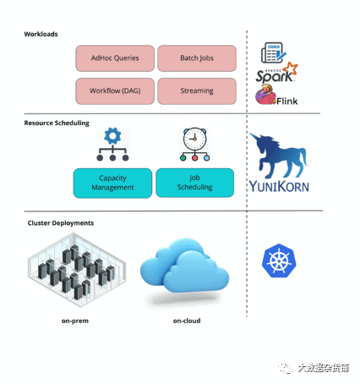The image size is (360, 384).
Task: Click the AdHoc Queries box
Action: [115, 58]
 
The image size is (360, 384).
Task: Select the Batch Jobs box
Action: [197, 58]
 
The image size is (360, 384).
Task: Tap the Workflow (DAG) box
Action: [115, 91]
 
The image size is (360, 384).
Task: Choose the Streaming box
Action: [197, 91]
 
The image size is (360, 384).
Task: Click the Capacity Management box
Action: [112, 183]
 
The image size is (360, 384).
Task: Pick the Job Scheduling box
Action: [194, 183]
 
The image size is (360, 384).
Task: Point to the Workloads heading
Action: [41, 34]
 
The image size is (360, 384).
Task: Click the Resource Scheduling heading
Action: [57, 123]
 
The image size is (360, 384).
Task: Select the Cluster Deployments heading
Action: [61, 223]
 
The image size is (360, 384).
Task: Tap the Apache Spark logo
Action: [276, 73]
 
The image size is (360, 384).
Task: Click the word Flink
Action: [286, 101]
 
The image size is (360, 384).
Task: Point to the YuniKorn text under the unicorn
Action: [279, 187]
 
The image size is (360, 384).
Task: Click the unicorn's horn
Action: [254, 136]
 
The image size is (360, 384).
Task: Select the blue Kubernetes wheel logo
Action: [279, 261]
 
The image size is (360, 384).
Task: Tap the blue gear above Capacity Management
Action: [112, 136]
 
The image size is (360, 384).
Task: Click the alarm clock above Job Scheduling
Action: [194, 140]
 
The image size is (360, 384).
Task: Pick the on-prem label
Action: [75, 321]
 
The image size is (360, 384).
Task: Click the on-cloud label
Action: [187, 321]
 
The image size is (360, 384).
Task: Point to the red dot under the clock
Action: [194, 158]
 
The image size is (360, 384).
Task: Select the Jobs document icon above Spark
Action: [274, 52]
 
